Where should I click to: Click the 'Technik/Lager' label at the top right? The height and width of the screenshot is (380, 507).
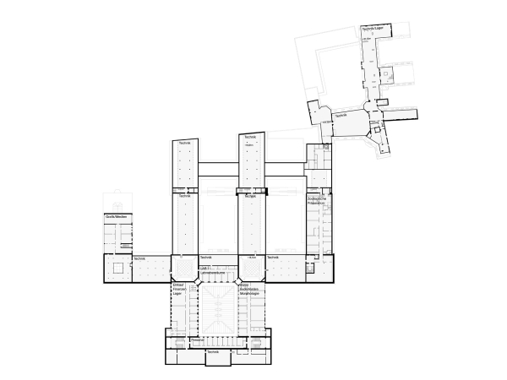pos(372,28)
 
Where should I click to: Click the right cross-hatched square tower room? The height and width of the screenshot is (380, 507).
pos(249,267)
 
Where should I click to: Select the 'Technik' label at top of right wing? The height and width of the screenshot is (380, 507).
pos(249,137)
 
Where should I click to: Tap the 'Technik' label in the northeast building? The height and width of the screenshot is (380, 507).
pos(341,115)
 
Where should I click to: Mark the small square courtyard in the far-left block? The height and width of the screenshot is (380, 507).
pos(118,268)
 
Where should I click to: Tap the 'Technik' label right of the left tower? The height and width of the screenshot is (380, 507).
pos(204,257)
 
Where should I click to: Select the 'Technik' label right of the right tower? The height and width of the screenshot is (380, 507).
pos(273,257)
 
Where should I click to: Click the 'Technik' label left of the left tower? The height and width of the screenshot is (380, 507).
pos(139,257)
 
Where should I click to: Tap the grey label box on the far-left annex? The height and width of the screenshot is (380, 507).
pos(116,217)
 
